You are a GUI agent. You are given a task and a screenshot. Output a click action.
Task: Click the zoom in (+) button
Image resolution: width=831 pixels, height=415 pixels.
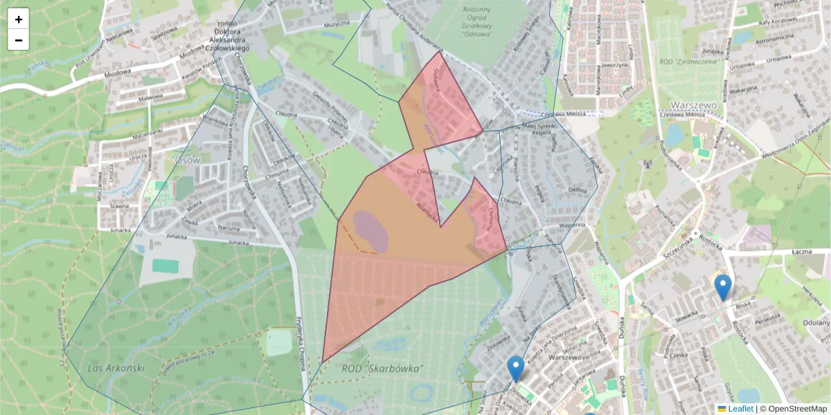pyautogui.click(x=19, y=19)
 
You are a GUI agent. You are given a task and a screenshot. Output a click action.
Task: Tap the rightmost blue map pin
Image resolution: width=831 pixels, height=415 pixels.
pyautogui.click(x=722, y=287)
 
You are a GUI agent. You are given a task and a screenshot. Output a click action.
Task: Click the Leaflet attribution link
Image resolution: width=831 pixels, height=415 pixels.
pyautogui.click(x=740, y=409)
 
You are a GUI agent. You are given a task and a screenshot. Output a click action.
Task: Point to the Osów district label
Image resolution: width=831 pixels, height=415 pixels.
pyautogui.click(x=187, y=159)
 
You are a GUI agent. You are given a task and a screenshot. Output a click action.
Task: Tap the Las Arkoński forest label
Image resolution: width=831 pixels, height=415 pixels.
pyautogui.click(x=116, y=367)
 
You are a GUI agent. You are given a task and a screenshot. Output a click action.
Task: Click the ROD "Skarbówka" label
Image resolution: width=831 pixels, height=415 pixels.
pyautogui.click(x=382, y=369)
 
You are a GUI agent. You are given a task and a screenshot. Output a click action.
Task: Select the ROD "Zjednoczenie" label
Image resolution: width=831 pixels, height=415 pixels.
pyautogui.click(x=693, y=62)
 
